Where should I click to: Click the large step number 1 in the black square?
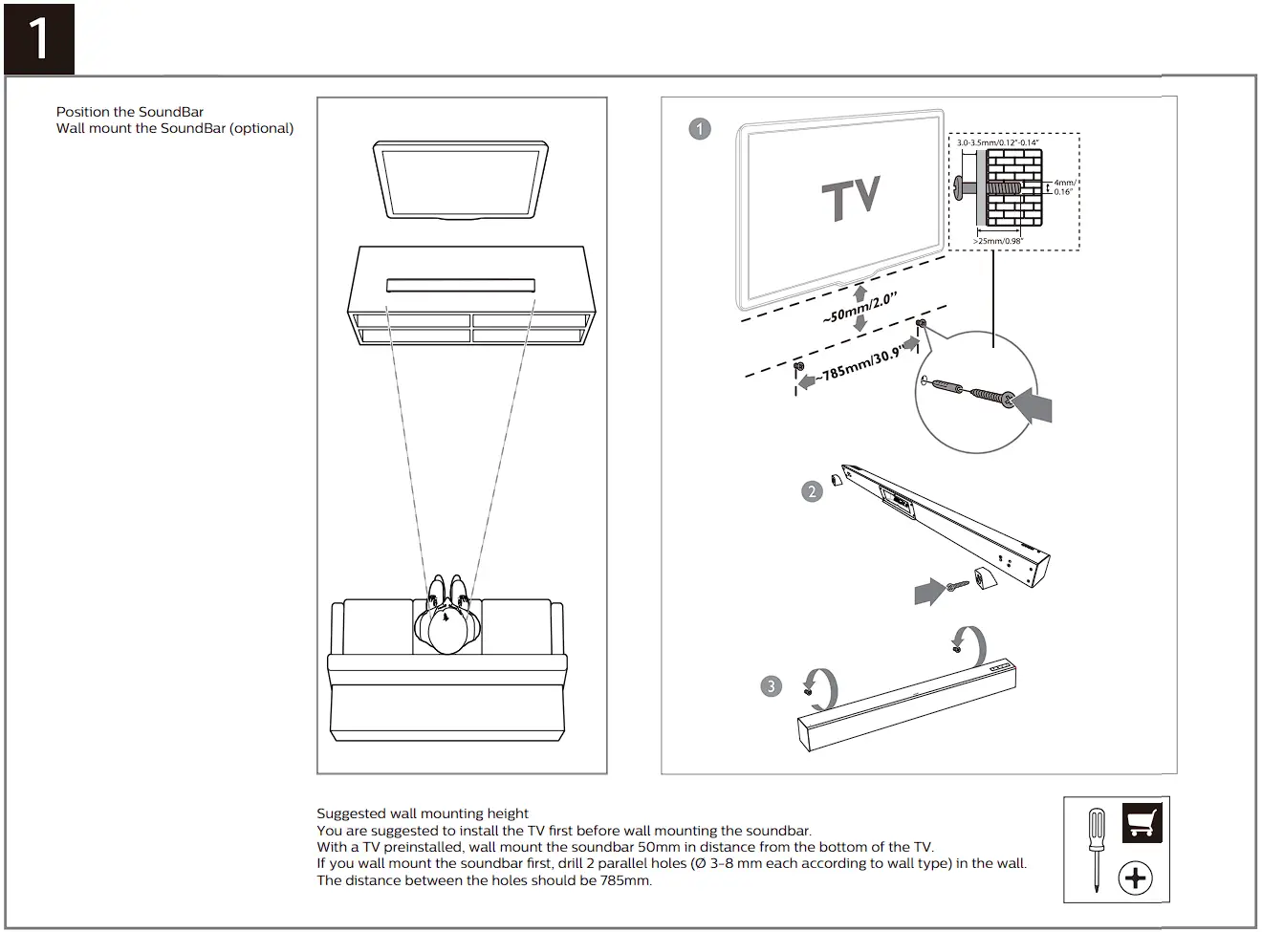39,39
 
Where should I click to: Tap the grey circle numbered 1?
700,129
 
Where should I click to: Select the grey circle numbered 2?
812,491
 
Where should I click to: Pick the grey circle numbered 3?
772,686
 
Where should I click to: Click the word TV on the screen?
851,199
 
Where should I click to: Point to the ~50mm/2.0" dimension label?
859,308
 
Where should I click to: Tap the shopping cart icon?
1142,822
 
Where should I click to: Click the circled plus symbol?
1136,878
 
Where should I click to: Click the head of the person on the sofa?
446,630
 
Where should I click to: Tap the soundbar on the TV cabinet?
461,285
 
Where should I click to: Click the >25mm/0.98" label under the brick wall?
998,241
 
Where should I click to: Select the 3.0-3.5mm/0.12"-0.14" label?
997,142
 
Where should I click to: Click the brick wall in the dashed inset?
1013,186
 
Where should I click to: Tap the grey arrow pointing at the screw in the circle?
1034,404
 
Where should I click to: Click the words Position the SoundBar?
130,112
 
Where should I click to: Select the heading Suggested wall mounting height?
423,813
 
